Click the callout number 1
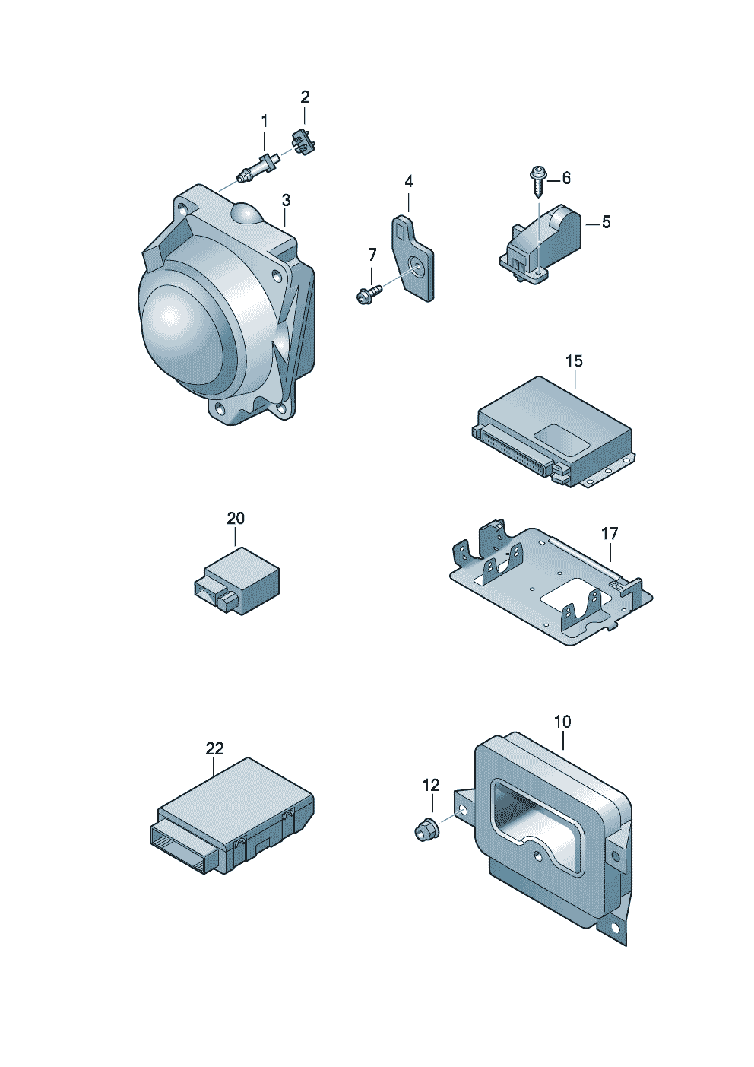[x=265, y=122]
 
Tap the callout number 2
[x=305, y=97]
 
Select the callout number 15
[x=574, y=361]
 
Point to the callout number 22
[x=215, y=748]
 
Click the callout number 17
[x=610, y=534]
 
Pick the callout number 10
[x=562, y=721]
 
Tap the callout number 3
[x=286, y=201]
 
